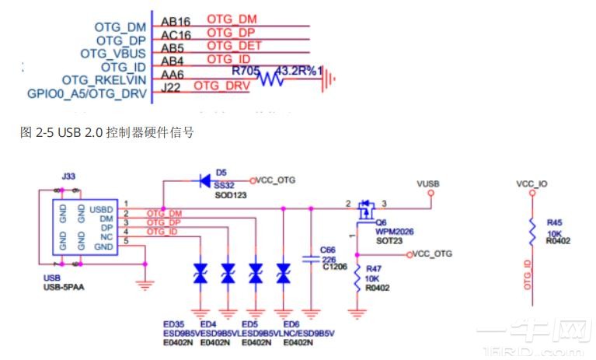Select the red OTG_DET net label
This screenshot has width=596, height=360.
click(234, 46)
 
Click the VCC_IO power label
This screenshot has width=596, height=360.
click(532, 184)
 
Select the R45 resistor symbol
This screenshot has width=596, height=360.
click(532, 230)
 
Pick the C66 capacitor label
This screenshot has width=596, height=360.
click(329, 250)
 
